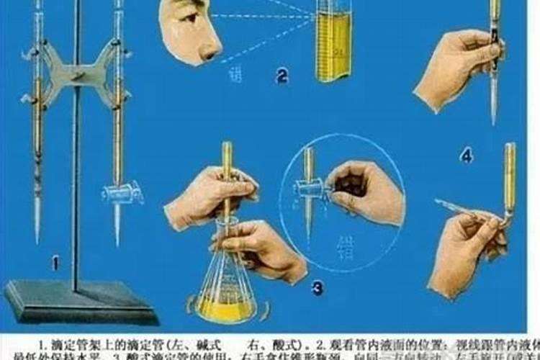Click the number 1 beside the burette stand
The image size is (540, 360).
pos(55,264)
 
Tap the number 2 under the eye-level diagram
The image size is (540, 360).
pos(282,74)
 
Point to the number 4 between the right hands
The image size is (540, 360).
pos(467,155)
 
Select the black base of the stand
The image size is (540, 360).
pos(79,302)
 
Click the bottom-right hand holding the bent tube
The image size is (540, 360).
pos(464,248)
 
